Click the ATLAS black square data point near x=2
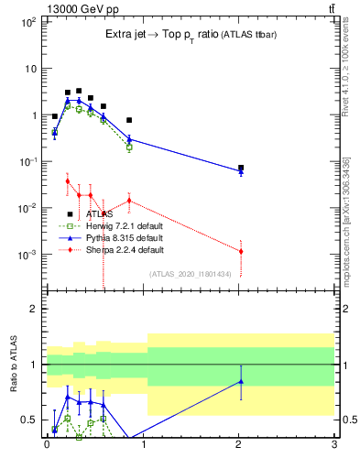241,168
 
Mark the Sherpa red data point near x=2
241,251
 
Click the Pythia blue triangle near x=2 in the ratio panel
241,381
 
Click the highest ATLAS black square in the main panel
79,91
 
